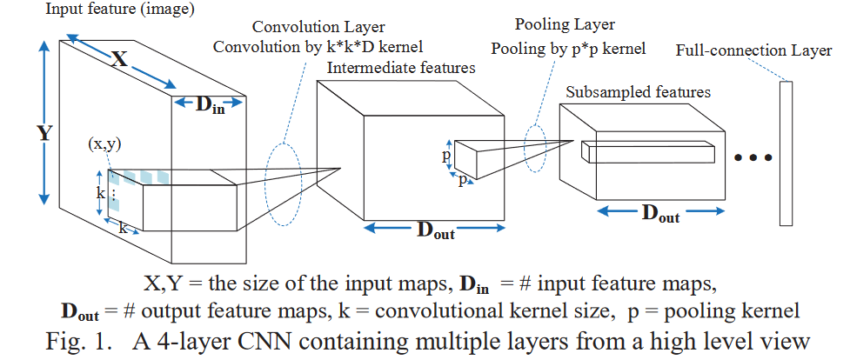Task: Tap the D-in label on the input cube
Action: click(206, 104)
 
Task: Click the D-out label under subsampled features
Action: click(659, 214)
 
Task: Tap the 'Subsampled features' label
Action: click(638, 91)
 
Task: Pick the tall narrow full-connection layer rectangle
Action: click(787, 151)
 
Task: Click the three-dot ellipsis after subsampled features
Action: click(753, 158)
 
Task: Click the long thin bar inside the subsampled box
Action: click(648, 152)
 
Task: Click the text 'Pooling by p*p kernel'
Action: click(568, 49)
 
